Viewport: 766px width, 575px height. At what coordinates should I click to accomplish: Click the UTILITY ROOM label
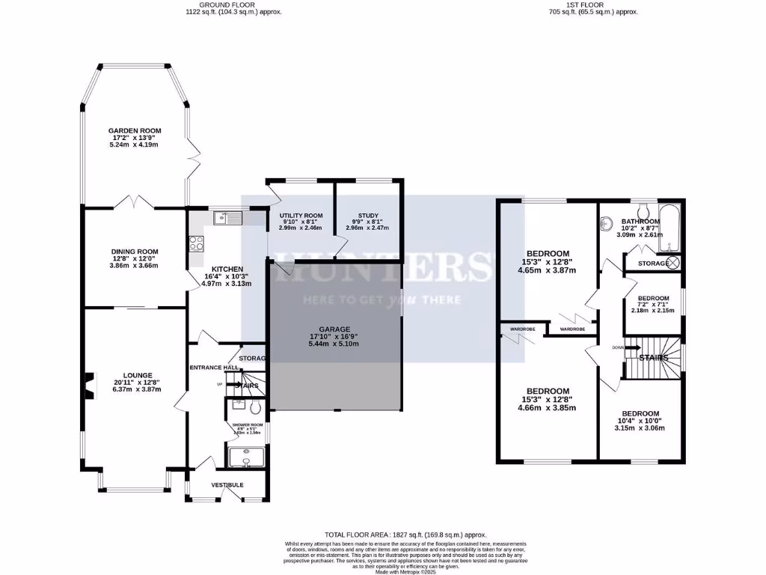[301, 215]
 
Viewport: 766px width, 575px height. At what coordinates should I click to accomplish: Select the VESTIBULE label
[227, 485]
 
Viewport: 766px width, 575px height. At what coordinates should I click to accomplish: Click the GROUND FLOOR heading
[234, 4]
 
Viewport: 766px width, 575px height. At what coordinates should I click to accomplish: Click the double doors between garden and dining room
[135, 203]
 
